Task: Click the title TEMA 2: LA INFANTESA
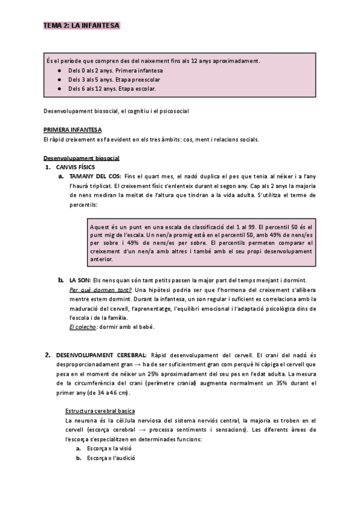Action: (x=82, y=25)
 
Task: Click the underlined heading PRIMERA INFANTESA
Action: (x=73, y=130)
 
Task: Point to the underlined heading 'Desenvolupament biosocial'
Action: (x=82, y=158)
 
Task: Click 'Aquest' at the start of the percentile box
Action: (x=101, y=227)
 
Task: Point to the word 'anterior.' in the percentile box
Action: (x=101, y=259)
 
